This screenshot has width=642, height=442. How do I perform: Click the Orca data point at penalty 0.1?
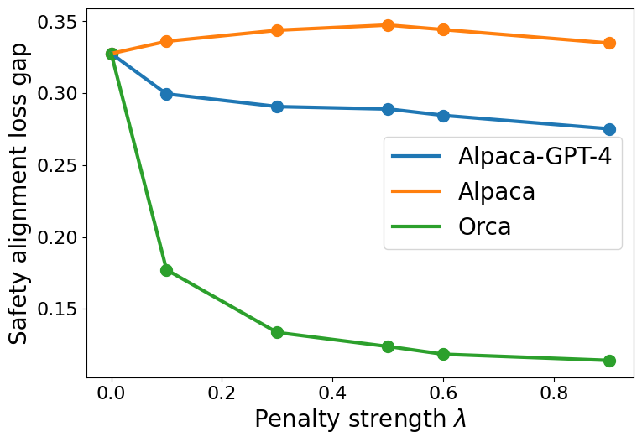pyautogui.click(x=166, y=270)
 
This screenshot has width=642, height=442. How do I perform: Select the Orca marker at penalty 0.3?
pyautogui.click(x=277, y=332)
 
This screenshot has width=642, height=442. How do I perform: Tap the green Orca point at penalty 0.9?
pyautogui.click(x=609, y=361)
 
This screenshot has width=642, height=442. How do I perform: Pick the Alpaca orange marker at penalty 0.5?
pyautogui.click(x=388, y=25)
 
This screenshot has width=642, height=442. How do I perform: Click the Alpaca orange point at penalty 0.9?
pyautogui.click(x=609, y=43)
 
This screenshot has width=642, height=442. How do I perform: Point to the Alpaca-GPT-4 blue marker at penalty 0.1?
pyautogui.click(x=166, y=94)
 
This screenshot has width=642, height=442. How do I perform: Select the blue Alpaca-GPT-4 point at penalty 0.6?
pyautogui.click(x=443, y=116)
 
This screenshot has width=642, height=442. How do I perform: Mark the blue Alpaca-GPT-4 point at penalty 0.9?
pyautogui.click(x=609, y=129)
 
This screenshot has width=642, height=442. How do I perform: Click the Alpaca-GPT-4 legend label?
pyautogui.click(x=534, y=156)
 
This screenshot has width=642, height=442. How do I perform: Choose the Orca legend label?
pyautogui.click(x=484, y=226)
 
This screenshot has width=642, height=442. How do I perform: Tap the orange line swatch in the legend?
pyautogui.click(x=416, y=191)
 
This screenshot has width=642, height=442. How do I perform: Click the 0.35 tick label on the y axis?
pyautogui.click(x=54, y=21)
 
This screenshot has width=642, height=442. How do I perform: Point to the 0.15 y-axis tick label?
pyautogui.click(x=54, y=309)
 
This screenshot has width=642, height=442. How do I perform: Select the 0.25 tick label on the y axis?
pyautogui.click(x=54, y=165)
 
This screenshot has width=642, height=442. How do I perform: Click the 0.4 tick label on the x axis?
pyautogui.click(x=332, y=392)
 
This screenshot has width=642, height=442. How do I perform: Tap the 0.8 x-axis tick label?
pyautogui.click(x=554, y=392)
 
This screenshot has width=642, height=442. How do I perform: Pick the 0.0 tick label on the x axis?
pyautogui.click(x=111, y=392)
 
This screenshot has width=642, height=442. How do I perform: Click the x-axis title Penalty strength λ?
pyautogui.click(x=360, y=419)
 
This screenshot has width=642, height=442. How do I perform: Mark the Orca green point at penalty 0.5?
pyautogui.click(x=388, y=346)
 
